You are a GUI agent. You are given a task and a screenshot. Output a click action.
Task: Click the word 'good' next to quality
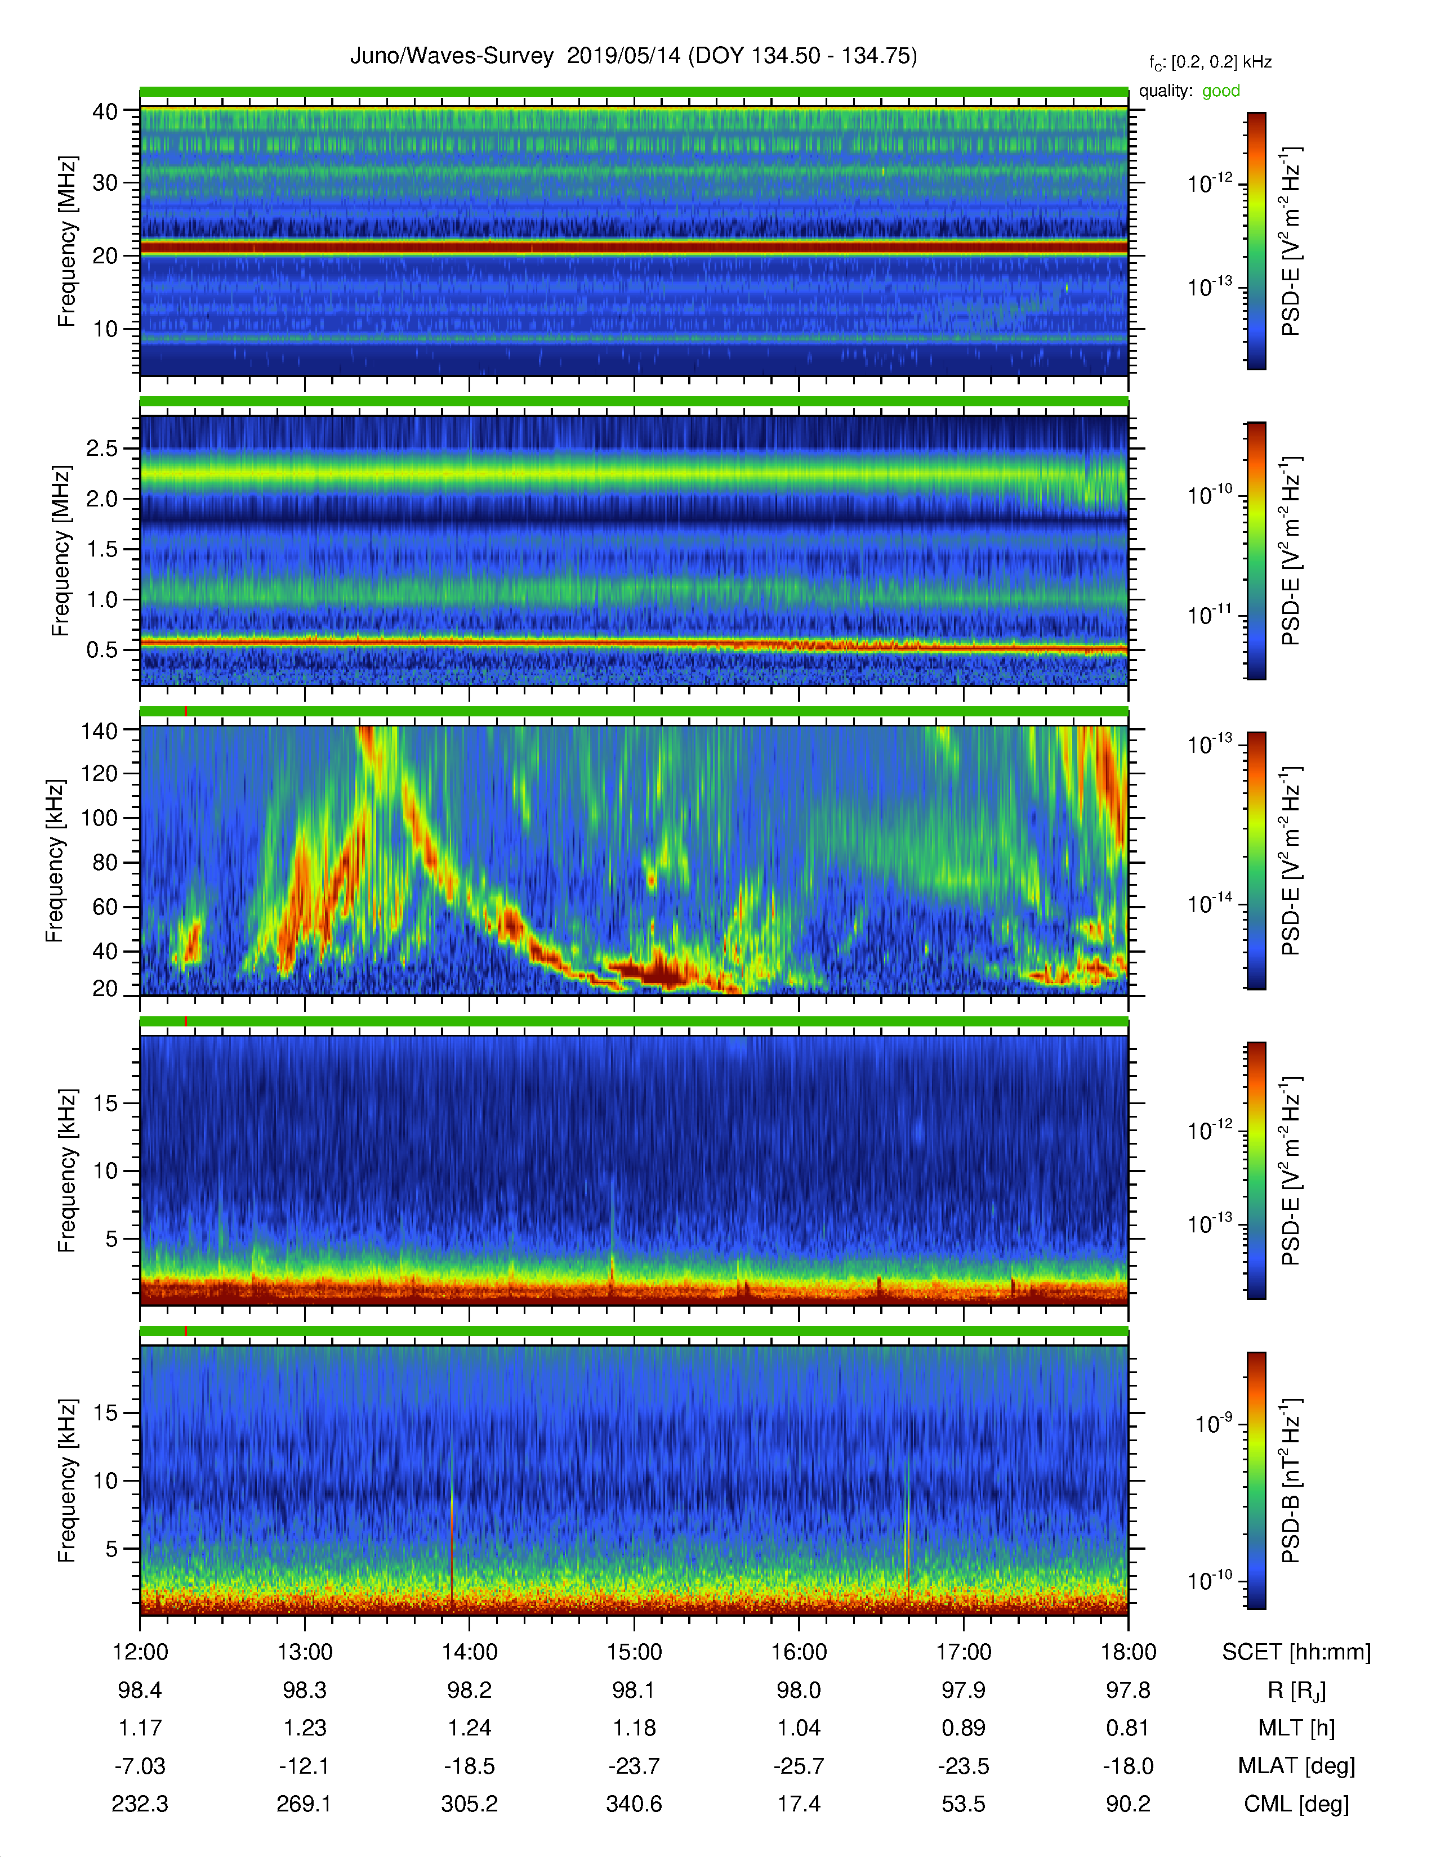click(1221, 91)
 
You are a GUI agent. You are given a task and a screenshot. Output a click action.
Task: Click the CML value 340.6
click(634, 1804)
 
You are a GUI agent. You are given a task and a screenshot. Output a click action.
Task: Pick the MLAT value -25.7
click(798, 1766)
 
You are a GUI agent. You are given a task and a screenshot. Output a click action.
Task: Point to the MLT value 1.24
click(469, 1728)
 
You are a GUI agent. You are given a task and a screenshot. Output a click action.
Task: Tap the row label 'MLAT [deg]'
click(1296, 1766)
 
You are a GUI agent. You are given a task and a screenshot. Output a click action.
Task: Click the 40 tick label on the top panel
click(105, 111)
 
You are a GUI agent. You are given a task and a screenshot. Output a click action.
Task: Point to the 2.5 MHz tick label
click(102, 448)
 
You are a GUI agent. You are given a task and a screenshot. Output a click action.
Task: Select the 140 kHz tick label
click(98, 730)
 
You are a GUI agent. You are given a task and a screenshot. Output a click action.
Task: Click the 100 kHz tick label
click(98, 818)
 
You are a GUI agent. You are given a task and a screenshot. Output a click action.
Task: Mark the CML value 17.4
click(798, 1804)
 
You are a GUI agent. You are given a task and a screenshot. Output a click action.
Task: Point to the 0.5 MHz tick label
click(102, 649)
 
